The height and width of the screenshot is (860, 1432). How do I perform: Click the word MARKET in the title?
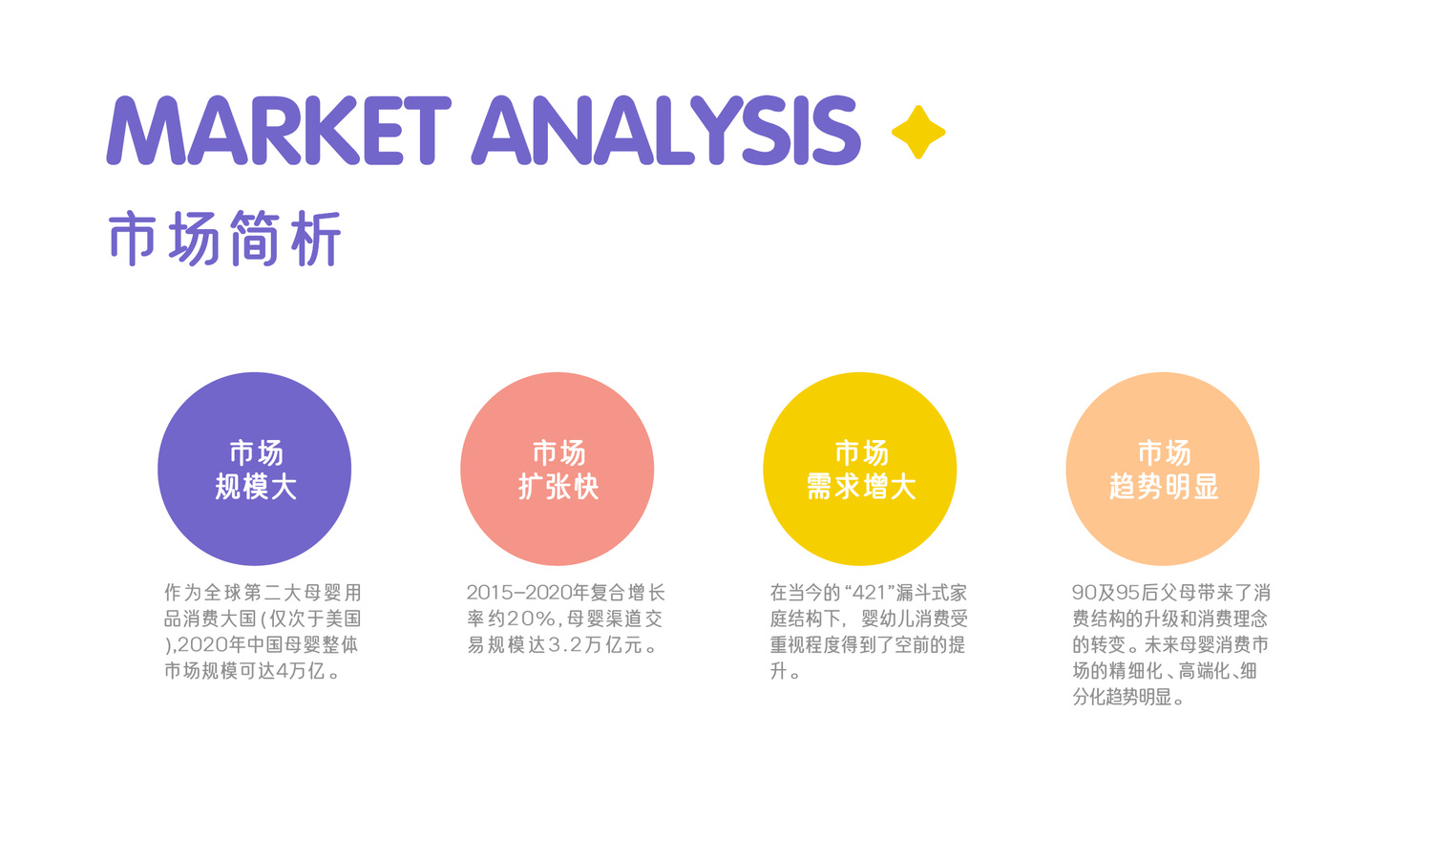tap(279, 131)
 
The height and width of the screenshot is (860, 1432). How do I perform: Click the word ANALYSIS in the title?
tap(666, 131)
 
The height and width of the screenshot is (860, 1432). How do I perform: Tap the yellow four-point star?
tap(918, 132)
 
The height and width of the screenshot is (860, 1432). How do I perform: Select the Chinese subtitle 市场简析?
tap(225, 238)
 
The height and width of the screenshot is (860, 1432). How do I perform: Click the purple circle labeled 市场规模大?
tap(255, 469)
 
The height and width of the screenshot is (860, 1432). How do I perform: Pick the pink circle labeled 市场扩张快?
tap(557, 469)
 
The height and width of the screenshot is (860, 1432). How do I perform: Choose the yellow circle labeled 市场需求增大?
tap(860, 469)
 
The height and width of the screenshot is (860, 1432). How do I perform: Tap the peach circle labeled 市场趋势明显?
tap(1162, 469)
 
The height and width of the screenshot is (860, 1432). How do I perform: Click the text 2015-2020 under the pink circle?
tap(519, 593)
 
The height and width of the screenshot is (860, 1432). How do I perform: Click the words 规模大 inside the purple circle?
tap(256, 487)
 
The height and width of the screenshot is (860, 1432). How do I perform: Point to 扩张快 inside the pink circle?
tap(558, 487)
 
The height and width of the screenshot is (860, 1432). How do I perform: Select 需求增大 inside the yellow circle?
tap(861, 487)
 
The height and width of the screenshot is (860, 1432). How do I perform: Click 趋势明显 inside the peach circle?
tap(1164, 487)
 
